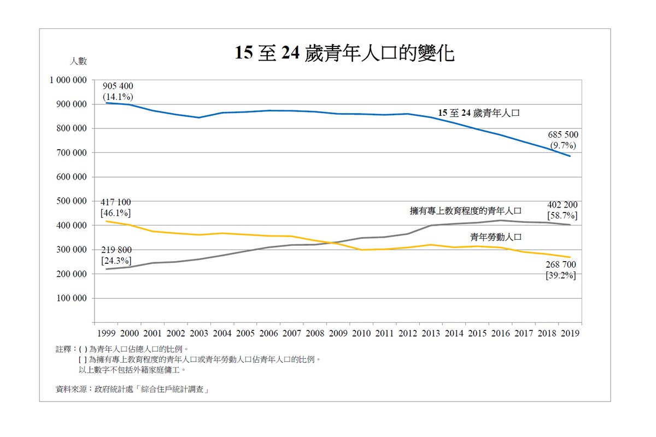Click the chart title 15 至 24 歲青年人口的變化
coord(344,53)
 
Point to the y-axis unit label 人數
coord(78,61)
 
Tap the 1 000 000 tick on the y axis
coord(68,80)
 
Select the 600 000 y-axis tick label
coord(72,177)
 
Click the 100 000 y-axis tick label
coord(72,298)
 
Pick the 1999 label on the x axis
coord(106,333)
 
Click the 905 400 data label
coord(118,86)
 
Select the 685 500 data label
coord(563,135)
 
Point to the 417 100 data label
coord(115,202)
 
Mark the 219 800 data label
coord(116,250)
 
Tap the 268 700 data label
coord(561,265)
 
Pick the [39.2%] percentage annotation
coord(561,276)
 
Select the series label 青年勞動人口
coord(496,237)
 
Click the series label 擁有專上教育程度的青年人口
coord(466,210)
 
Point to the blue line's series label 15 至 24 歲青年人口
coord(478,114)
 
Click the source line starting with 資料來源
coord(133,389)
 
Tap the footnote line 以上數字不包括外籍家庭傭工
coord(133,370)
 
